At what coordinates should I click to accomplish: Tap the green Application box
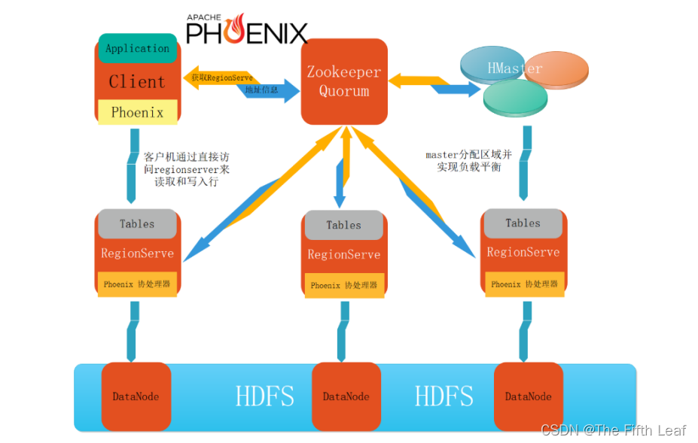pyautogui.click(x=137, y=48)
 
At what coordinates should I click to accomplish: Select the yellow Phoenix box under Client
pyautogui.click(x=137, y=112)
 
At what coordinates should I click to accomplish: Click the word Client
pyautogui.click(x=137, y=81)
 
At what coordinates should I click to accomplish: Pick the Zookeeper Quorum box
pyautogui.click(x=344, y=81)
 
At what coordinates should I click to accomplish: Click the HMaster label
pyautogui.click(x=514, y=68)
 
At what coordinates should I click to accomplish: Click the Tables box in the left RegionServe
pyautogui.click(x=137, y=223)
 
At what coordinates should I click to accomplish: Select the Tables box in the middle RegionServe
pyautogui.click(x=344, y=225)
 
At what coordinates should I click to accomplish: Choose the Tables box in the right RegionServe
pyautogui.click(x=523, y=223)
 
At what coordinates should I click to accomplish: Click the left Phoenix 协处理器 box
pyautogui.click(x=137, y=284)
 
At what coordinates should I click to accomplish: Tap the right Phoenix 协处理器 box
pyautogui.click(x=524, y=284)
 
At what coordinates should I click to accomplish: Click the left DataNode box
pyautogui.click(x=136, y=396)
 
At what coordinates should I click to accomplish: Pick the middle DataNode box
pyautogui.click(x=346, y=396)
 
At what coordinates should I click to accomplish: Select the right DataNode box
pyautogui.click(x=528, y=396)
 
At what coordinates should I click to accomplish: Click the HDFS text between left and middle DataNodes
pyautogui.click(x=264, y=396)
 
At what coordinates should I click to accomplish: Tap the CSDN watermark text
pyautogui.click(x=613, y=429)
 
